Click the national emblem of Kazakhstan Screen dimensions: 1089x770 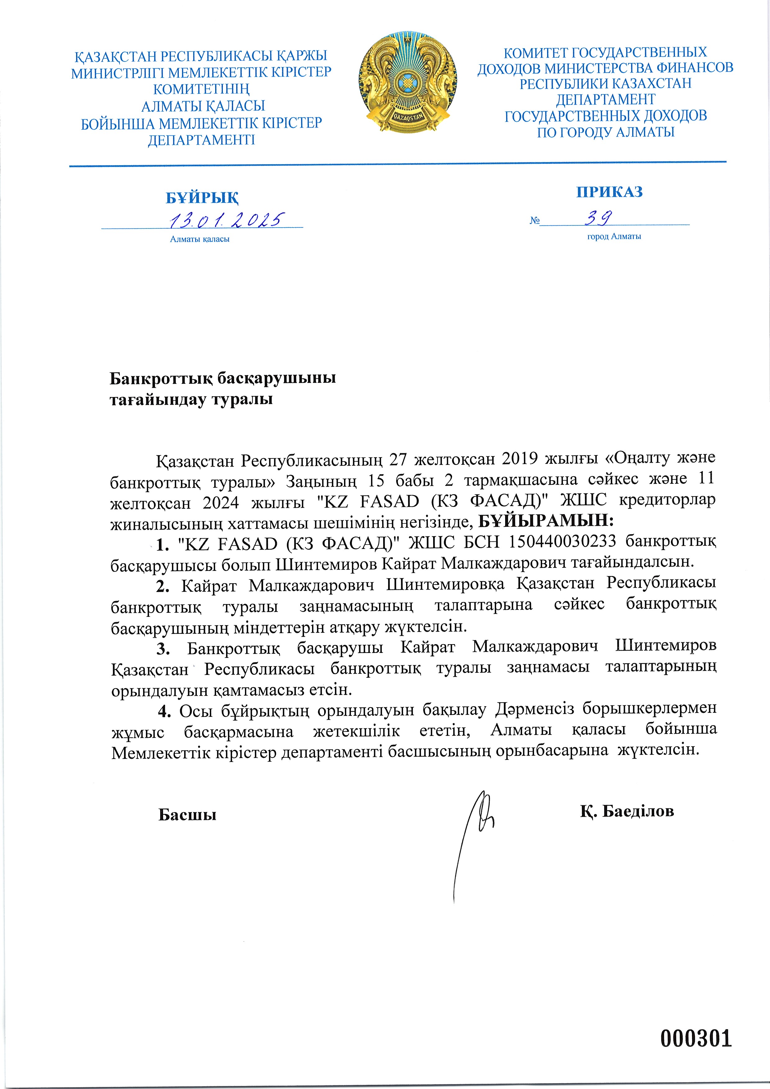(x=408, y=83)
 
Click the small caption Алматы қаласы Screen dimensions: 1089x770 (x=200, y=239)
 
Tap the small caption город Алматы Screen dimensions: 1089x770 (x=614, y=236)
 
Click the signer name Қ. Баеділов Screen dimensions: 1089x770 (x=626, y=811)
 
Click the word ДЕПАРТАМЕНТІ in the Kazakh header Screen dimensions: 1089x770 (x=201, y=140)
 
